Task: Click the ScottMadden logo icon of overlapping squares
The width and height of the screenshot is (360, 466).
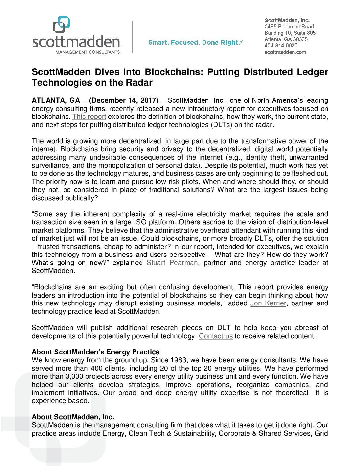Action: [x=62, y=24]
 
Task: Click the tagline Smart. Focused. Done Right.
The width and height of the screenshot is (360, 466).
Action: [x=195, y=43]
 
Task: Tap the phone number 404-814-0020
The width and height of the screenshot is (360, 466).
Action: [x=281, y=46]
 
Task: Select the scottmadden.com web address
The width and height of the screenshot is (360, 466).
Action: [x=285, y=52]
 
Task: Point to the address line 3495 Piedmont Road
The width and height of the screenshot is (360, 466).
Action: [x=289, y=26]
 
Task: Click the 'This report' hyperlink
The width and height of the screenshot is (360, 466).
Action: [x=89, y=117]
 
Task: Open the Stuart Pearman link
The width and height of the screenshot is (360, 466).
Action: [x=172, y=263]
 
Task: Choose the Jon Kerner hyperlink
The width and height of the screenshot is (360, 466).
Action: [x=268, y=303]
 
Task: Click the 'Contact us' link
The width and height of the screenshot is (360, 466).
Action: [x=216, y=336]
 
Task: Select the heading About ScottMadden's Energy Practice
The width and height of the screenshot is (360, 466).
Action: [x=96, y=352]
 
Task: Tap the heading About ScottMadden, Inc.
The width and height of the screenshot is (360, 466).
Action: [x=73, y=417]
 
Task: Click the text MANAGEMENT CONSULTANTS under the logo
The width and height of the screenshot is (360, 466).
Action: [x=87, y=52]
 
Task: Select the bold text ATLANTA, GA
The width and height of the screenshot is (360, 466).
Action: [x=56, y=100]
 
